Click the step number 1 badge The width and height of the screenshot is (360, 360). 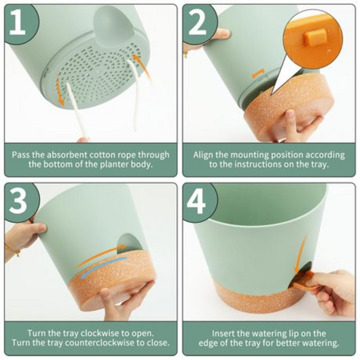[x=20, y=22]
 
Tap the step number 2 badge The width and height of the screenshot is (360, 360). [x=198, y=22]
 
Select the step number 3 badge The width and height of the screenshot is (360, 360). [x=20, y=200]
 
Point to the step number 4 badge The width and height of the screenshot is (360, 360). [x=198, y=200]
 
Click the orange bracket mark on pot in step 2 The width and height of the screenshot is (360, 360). [x=257, y=73]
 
